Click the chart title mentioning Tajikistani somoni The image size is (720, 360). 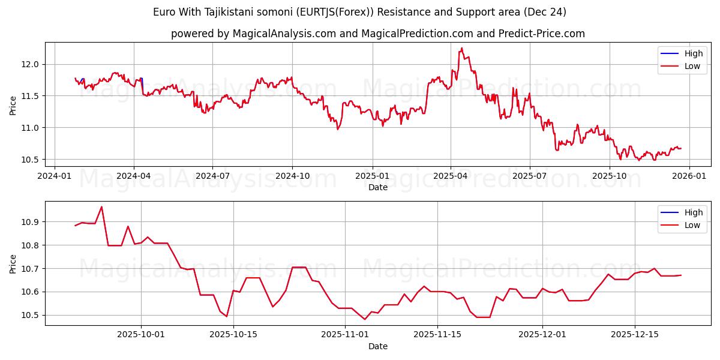359,12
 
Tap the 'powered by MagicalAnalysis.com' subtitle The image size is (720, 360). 377,34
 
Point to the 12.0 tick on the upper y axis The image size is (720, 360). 30,64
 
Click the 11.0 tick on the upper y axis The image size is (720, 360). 30,128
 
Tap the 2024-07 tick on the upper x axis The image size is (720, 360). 212,176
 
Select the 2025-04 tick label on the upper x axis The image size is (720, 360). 451,176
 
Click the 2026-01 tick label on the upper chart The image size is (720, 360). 689,176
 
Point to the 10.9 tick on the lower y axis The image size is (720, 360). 30,222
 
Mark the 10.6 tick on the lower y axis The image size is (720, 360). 30,292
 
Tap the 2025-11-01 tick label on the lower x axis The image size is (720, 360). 345,335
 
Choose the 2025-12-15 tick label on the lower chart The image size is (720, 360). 635,335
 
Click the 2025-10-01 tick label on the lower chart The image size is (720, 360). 141,335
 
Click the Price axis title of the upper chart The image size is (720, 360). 13,105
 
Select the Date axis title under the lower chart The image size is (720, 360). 377,346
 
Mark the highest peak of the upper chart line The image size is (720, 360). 461,48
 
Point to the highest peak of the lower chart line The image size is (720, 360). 101,207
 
